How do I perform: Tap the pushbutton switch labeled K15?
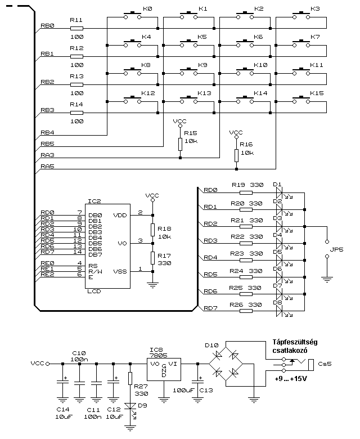click(300, 100)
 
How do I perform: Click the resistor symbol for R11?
click(76, 28)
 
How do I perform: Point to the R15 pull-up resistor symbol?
click(180, 144)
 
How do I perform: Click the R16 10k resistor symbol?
click(236, 155)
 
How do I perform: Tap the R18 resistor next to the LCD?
click(152, 230)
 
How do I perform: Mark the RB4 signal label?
click(47, 133)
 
